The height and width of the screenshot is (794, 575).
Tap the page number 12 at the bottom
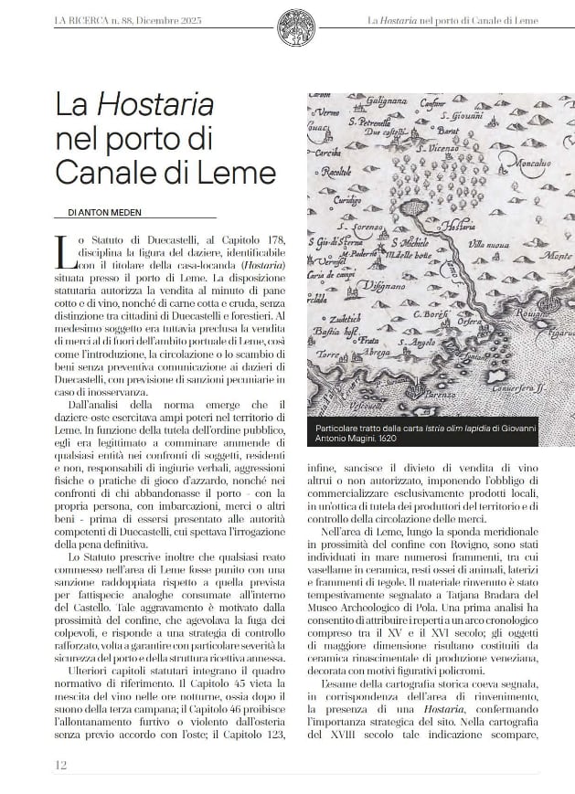pyautogui.click(x=60, y=764)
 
